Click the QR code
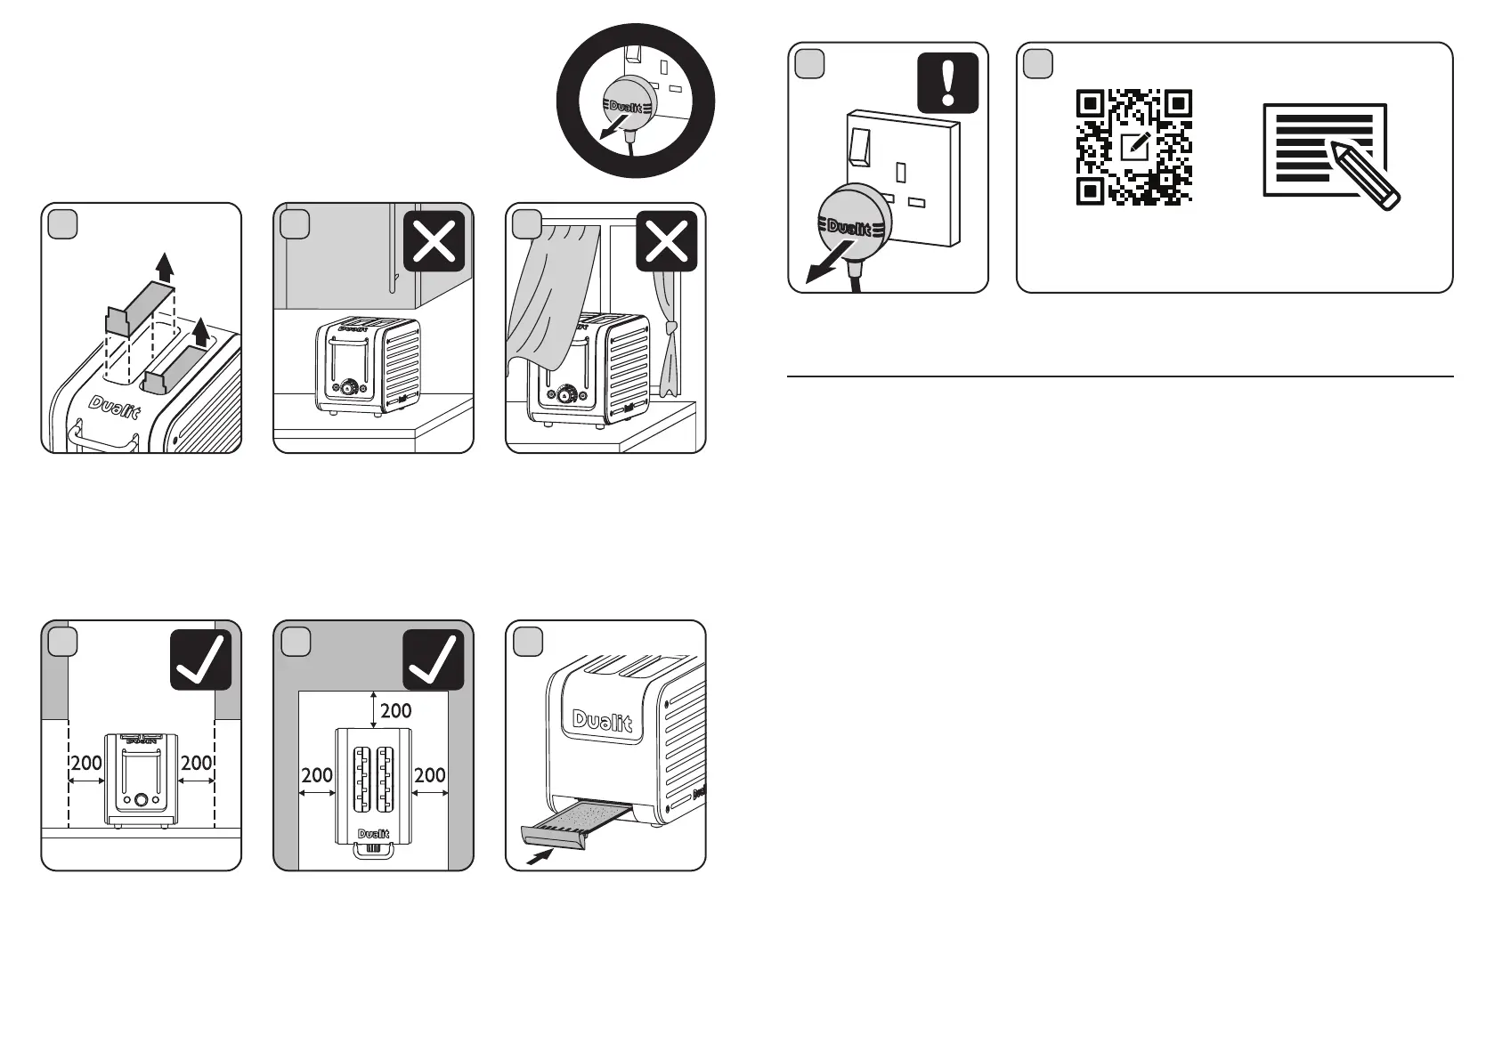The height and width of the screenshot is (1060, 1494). [1133, 147]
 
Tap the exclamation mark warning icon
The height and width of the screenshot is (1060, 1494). [947, 83]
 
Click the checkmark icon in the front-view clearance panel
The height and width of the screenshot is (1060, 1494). [200, 659]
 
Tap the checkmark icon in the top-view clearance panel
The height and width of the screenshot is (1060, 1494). [434, 659]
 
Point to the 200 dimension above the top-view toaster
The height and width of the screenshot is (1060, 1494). [395, 710]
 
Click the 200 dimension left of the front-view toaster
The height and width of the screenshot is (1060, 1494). [86, 763]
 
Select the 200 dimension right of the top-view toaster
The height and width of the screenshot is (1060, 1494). [430, 775]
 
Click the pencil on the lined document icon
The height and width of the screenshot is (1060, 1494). [1365, 174]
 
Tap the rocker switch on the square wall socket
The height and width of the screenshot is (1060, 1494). [859, 147]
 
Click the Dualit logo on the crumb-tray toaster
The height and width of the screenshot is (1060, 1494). [602, 720]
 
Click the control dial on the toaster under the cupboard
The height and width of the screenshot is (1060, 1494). [353, 388]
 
